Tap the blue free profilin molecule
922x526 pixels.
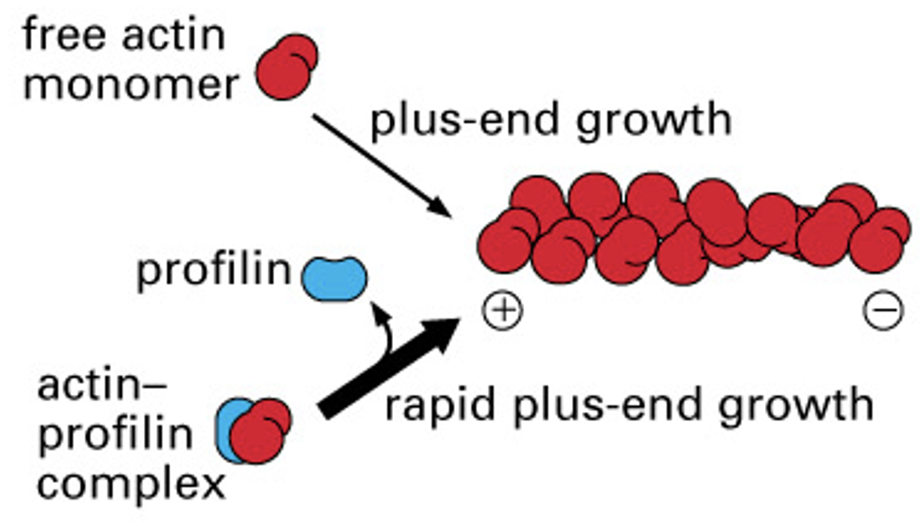pyautogui.click(x=334, y=278)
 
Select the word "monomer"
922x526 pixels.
pyautogui.click(x=130, y=84)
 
